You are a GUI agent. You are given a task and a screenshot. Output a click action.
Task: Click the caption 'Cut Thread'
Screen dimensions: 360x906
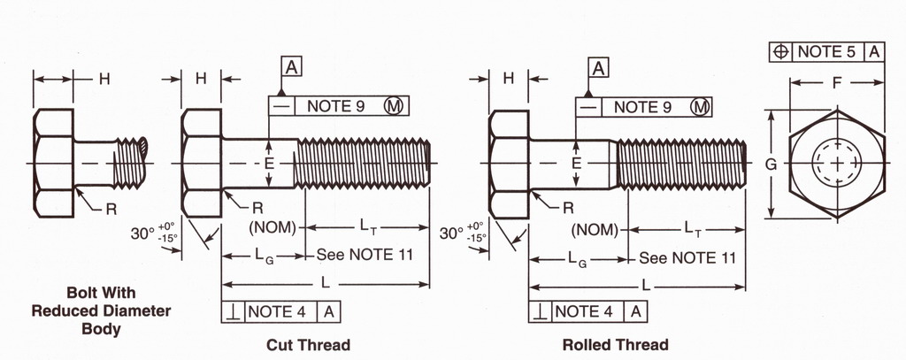tap(308, 344)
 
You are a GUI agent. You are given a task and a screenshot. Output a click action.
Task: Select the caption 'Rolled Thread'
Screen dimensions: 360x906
tap(615, 344)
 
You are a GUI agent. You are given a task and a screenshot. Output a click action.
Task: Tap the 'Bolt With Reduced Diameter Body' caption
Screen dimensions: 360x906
tap(100, 310)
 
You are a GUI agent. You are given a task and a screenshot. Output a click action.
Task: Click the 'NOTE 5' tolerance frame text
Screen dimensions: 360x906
tap(826, 51)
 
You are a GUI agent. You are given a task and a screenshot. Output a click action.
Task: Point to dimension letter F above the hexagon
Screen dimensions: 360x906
tap(837, 82)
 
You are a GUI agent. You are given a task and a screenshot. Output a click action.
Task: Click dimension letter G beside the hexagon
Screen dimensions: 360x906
tap(771, 164)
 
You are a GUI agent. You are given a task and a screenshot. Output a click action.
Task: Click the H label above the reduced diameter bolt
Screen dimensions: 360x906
tap(104, 79)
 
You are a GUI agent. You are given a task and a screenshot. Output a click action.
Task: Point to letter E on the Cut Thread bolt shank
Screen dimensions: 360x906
tap(269, 165)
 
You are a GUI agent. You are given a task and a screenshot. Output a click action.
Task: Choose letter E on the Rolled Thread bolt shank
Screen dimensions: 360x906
tap(576, 164)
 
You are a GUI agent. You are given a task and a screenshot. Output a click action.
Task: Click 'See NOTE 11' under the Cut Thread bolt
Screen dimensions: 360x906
tap(365, 257)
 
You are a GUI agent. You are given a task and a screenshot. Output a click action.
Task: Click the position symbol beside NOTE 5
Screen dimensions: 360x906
tap(780, 51)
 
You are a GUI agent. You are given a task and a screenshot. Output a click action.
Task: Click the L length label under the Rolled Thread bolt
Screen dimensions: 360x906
tap(646, 286)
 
